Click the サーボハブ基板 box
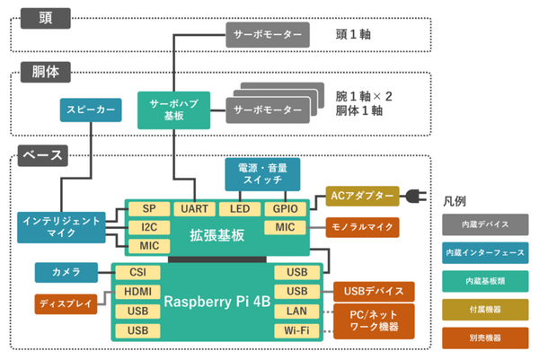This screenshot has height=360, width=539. tap(174, 110)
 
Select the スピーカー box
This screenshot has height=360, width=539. tap(90, 110)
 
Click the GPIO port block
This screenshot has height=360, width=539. tap(287, 208)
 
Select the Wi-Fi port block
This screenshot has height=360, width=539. tap(296, 331)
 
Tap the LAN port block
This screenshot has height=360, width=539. tap(296, 312)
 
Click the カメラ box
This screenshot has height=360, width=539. tap(66, 271)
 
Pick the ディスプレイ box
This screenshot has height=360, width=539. tap(66, 303)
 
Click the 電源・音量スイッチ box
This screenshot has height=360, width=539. tap(262, 174)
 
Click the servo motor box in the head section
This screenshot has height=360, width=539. tap(267, 36)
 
